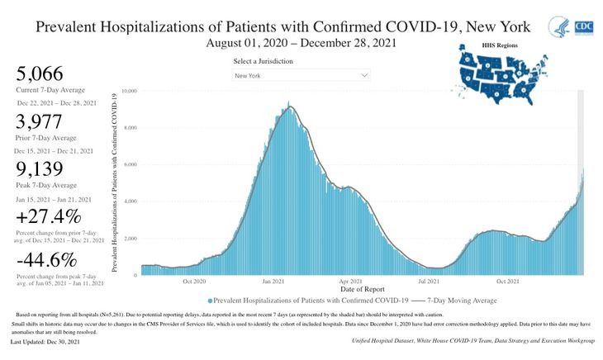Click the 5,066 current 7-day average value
[x=39, y=73]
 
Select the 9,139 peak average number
[x=38, y=172]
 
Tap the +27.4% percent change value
[x=49, y=218]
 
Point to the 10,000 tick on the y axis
[x=129, y=91]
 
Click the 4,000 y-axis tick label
[x=131, y=201]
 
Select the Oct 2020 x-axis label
[x=194, y=281]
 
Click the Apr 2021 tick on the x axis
[x=352, y=281]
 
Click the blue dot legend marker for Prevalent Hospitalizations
[x=211, y=301]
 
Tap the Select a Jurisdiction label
[x=263, y=60]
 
